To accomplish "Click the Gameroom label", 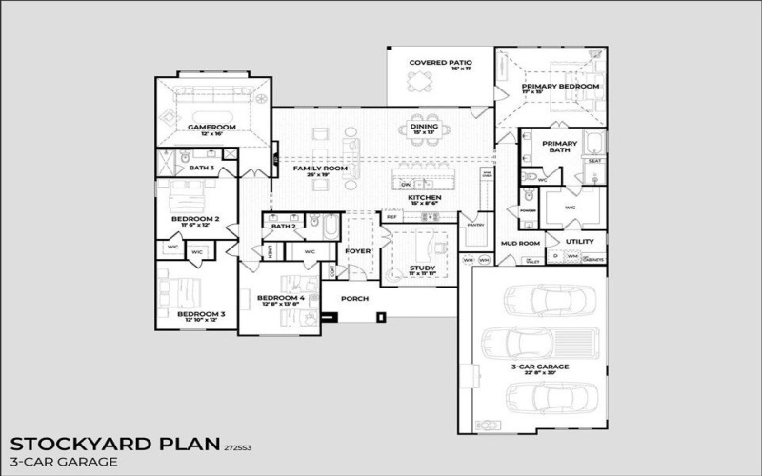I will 211,127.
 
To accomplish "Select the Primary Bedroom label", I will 560,87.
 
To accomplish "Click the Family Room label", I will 320,169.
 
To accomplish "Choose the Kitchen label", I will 424,197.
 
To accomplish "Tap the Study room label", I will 421,268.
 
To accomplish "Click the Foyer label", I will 357,251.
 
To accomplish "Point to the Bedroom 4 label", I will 281,299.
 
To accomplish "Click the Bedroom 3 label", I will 201,313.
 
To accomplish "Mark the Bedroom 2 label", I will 195,219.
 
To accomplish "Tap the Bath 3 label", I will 201,168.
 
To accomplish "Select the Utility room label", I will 579,242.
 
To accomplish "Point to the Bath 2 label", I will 283,227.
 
